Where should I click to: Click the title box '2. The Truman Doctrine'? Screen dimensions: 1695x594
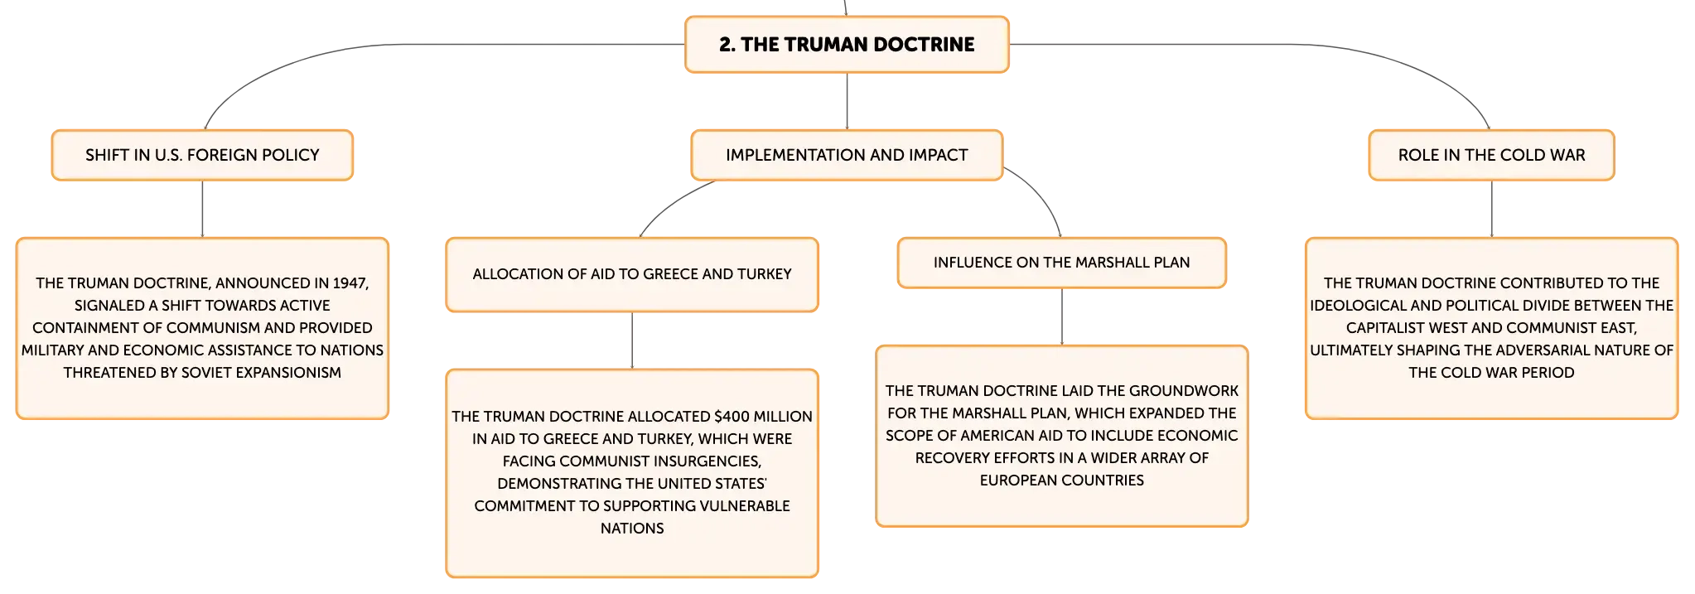point(847,45)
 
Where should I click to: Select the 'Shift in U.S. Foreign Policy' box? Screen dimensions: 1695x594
point(202,155)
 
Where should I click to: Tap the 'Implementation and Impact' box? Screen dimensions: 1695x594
point(847,155)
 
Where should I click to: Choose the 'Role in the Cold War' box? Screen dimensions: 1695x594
point(1491,155)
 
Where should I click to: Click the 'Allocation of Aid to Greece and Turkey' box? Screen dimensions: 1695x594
point(632,275)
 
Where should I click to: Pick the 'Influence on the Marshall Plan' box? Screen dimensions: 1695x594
point(1061,263)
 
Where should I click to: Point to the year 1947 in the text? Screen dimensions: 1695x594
point(350,283)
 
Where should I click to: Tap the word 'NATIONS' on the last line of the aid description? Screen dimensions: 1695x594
point(632,529)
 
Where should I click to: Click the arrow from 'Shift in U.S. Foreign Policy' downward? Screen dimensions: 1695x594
point(202,210)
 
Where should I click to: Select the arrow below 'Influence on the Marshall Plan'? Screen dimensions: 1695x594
point(1062,317)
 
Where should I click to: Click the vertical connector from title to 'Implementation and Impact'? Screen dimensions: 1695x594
point(847,101)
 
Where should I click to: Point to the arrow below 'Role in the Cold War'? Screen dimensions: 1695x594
point(1492,210)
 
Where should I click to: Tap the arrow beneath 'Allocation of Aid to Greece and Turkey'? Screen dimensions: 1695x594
point(632,340)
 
